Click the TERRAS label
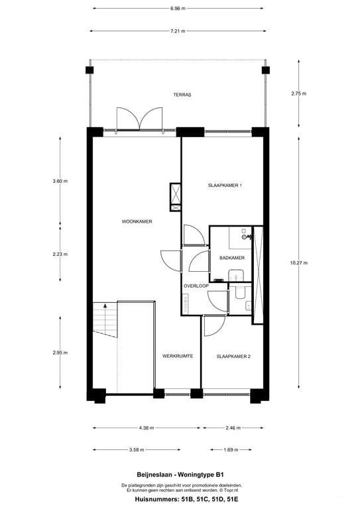click(x=182, y=95)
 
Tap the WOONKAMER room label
click(x=137, y=221)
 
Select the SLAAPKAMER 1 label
click(x=225, y=186)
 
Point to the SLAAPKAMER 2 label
click(x=233, y=356)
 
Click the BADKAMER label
click(x=232, y=258)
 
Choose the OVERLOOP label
click(x=196, y=286)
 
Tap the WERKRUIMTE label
click(x=178, y=356)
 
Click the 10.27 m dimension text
click(x=298, y=262)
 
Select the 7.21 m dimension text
click(x=178, y=31)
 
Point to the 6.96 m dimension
click(x=178, y=9)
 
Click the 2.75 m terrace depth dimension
click(x=298, y=93)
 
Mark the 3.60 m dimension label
click(x=60, y=181)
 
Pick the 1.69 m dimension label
click(x=231, y=449)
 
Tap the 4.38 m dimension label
click(x=147, y=428)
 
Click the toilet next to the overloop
click(x=240, y=292)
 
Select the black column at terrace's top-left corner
click(x=90, y=70)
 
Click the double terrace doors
click(x=139, y=119)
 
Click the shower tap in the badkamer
click(x=246, y=237)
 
